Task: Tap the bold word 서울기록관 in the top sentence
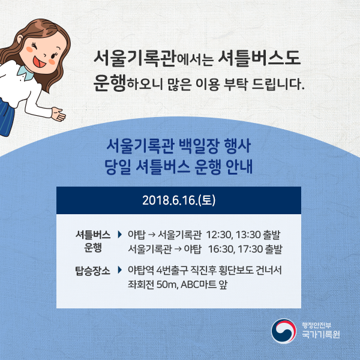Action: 130,59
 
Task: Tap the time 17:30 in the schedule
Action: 251,248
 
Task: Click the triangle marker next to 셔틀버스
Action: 120,234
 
